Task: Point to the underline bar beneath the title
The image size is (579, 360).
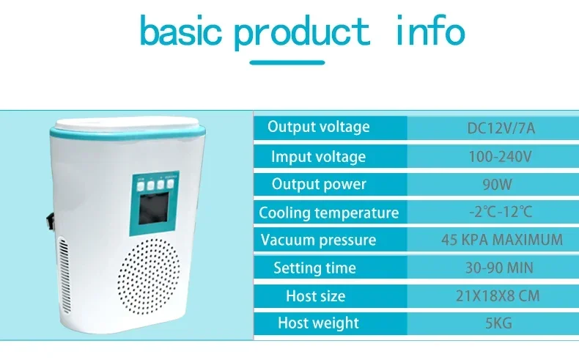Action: coord(287,62)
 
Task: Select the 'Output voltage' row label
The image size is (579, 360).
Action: coord(319,127)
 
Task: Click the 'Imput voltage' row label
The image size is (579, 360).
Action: coord(318,157)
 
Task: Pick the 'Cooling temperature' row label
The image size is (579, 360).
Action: coord(328,213)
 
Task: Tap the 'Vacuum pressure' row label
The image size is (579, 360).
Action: coord(318,240)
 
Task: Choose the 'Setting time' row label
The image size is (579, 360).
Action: coord(314,268)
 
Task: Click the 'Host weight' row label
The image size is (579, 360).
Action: coord(318,323)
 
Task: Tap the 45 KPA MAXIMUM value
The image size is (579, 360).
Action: coord(502,240)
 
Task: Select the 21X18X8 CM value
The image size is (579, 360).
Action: coord(498,295)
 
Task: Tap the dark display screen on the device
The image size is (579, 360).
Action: coord(154,208)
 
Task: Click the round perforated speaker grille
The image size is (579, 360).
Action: coord(150,276)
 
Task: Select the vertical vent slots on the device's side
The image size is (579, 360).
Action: coord(64,276)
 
